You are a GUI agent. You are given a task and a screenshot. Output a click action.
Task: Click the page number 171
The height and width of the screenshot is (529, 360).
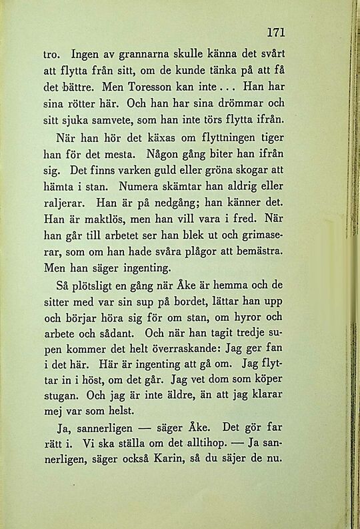point(276,31)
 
